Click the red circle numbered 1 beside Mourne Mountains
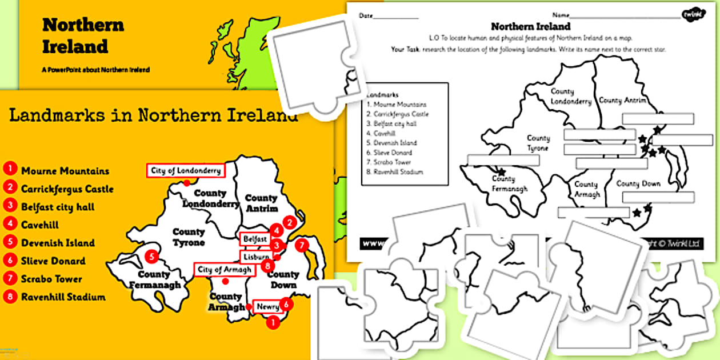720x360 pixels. [10, 170]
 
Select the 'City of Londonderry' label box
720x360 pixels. [184, 170]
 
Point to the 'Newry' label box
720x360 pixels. [267, 307]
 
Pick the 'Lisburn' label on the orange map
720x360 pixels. [255, 257]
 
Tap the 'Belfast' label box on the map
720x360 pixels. [254, 239]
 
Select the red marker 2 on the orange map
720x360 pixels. [290, 223]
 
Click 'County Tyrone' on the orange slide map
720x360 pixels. [189, 237]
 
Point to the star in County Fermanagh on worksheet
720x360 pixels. [502, 171]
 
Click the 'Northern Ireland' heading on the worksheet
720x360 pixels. [530, 26]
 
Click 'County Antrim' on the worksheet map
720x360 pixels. [622, 101]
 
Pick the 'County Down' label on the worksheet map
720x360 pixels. [638, 184]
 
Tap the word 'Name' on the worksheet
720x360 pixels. [561, 15]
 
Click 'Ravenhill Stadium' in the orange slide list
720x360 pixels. [63, 297]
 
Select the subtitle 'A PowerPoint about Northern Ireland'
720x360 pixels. [96, 70]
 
